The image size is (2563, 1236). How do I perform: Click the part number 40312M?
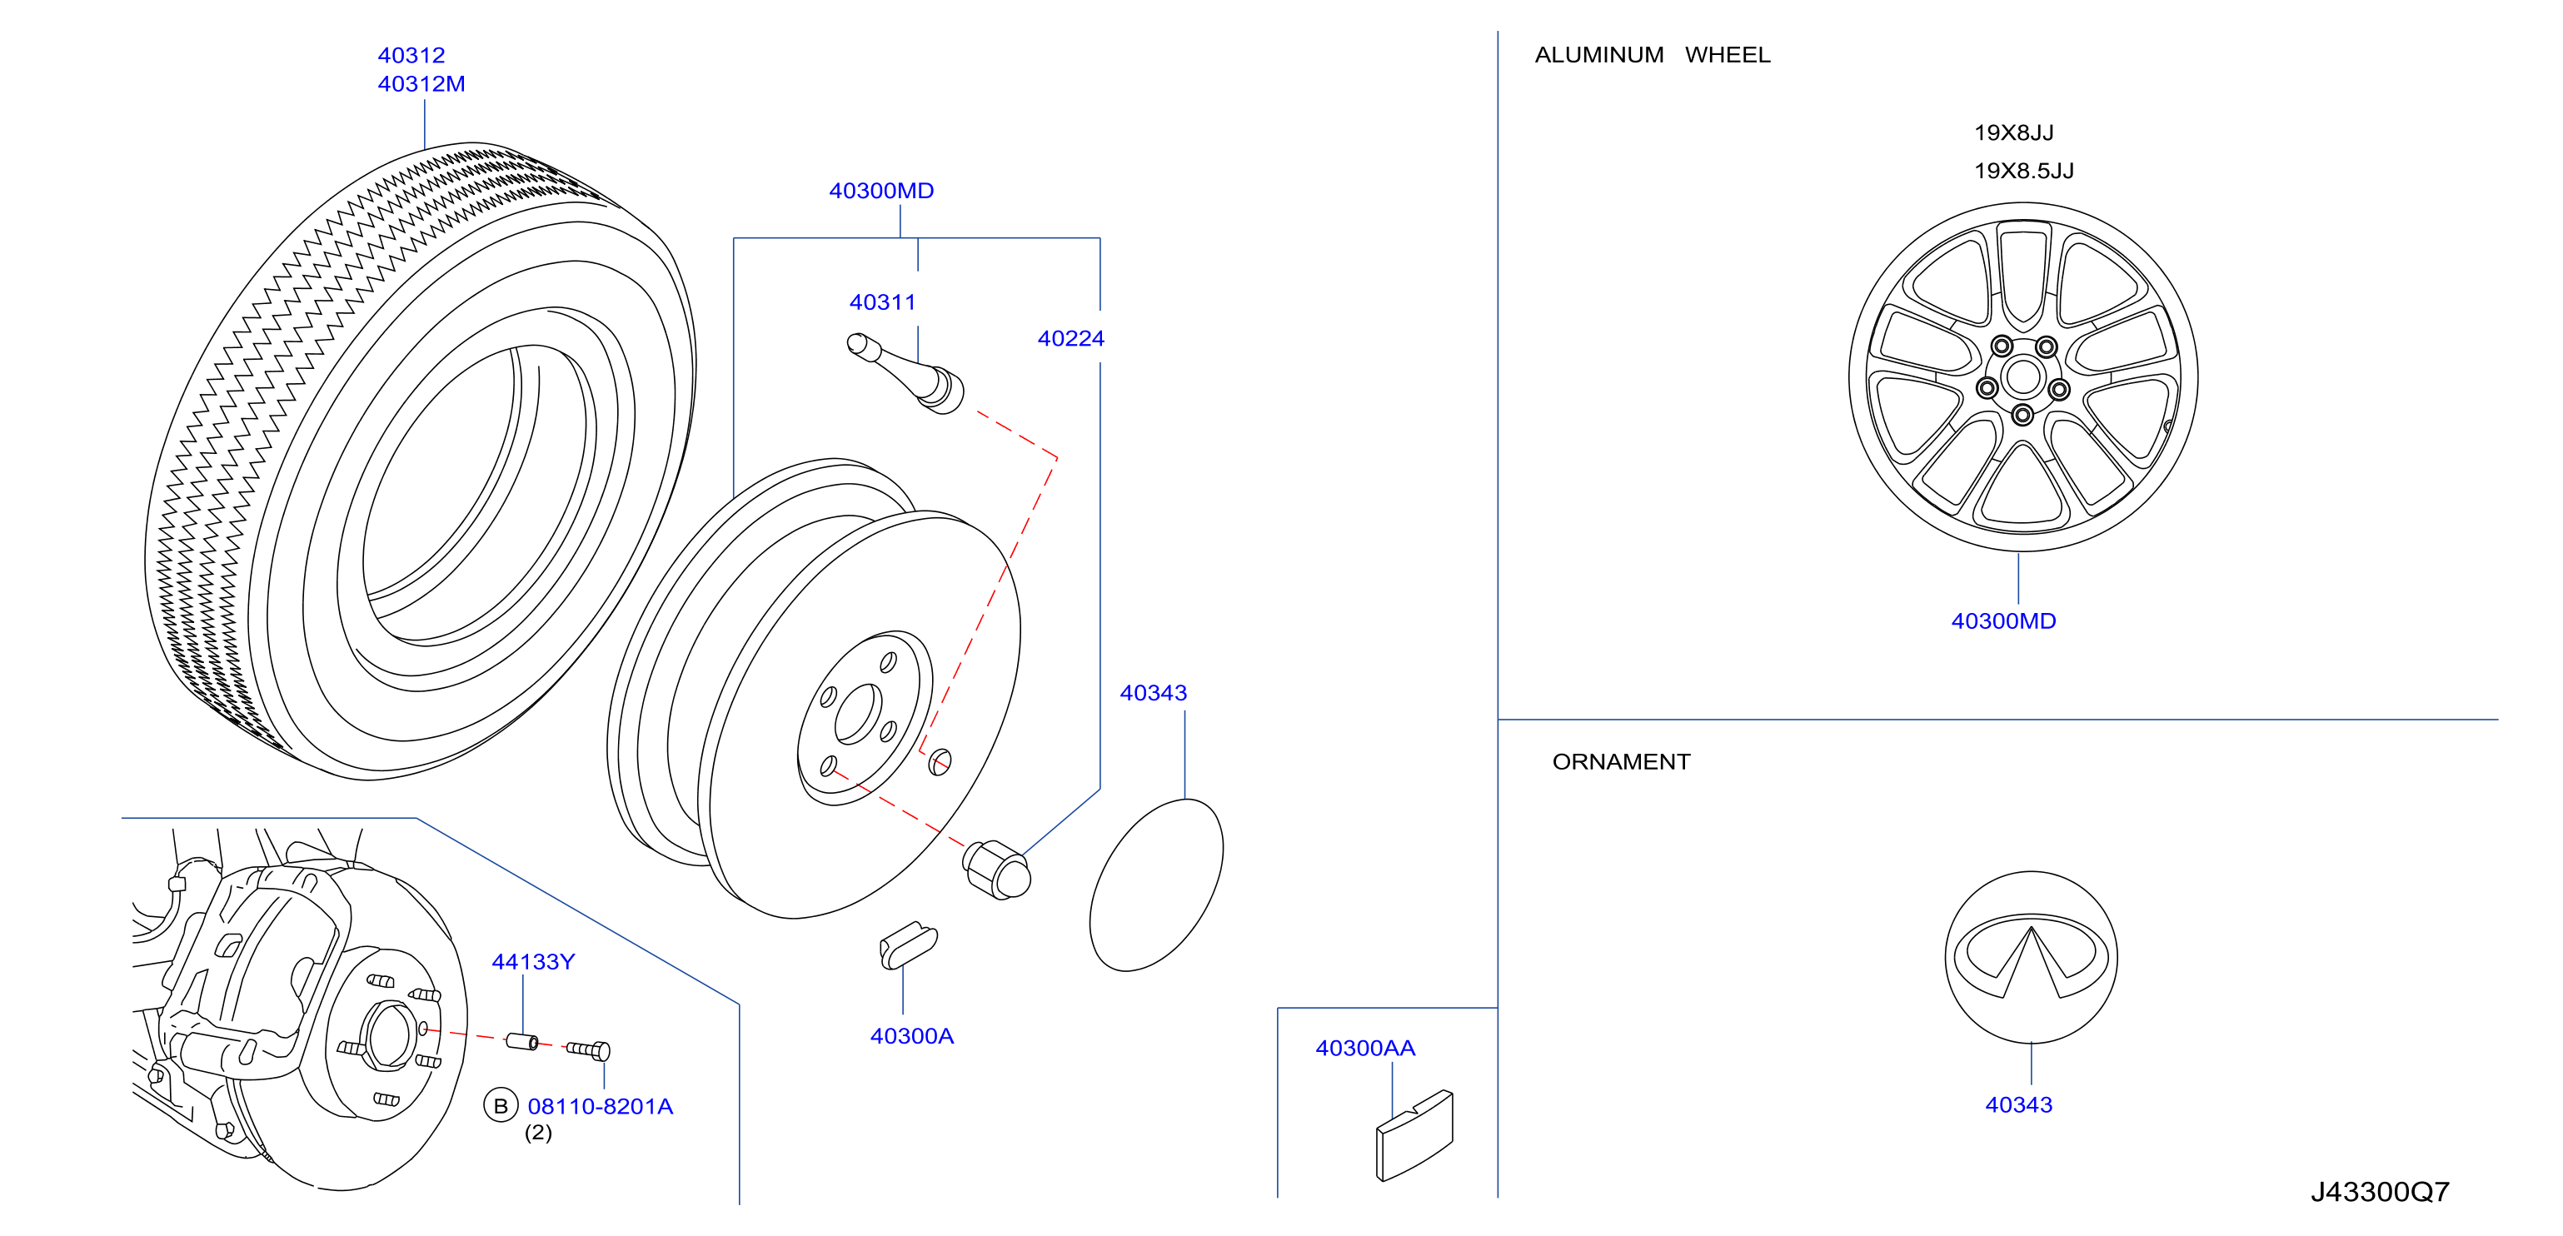coord(421,83)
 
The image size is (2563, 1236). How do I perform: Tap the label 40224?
coord(1070,338)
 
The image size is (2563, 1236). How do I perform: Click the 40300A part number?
coord(911,1036)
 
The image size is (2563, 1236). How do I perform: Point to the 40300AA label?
coord(1365,1048)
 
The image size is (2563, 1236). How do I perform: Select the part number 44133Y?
coord(533,961)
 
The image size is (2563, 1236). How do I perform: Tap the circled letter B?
coord(501,1105)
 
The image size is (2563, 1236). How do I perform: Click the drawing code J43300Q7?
coord(2380,1191)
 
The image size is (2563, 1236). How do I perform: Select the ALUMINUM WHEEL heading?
coord(1653,55)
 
